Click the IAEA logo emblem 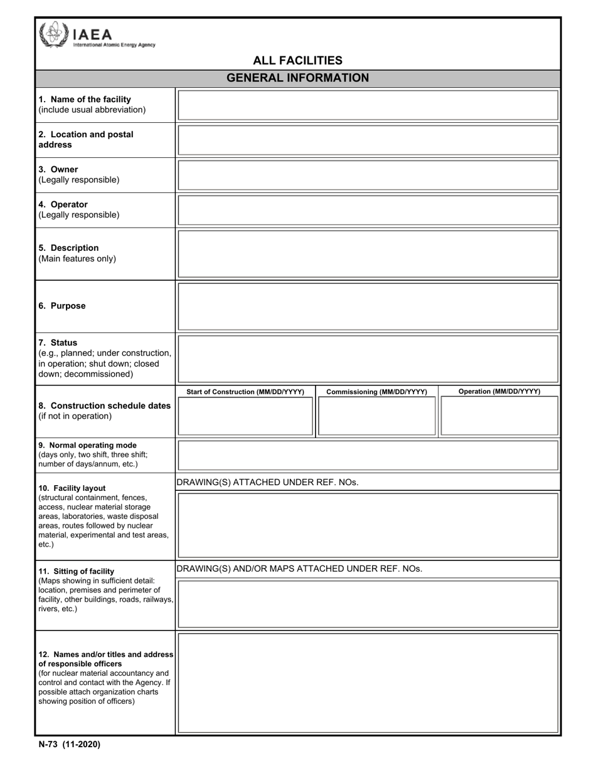53,34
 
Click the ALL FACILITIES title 297,60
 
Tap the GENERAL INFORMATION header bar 297,78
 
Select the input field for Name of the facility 368,105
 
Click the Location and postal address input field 368,140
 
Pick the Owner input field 368,175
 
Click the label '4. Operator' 63,204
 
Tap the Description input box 368,254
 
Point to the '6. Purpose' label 62,306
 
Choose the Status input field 368,359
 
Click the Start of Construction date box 245,416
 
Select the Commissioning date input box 376,416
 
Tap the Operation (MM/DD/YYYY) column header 499,392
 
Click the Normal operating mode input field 368,455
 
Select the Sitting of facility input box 368,604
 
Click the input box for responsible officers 368,683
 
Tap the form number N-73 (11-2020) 69,745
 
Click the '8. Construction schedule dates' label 105,406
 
